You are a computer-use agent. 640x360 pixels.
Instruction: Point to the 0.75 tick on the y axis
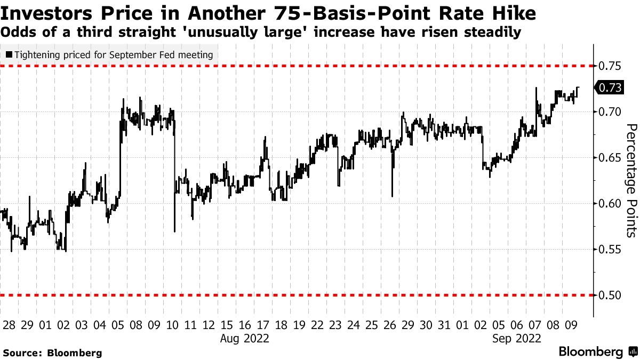click(609, 66)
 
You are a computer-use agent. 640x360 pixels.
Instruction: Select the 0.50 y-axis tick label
click(609, 295)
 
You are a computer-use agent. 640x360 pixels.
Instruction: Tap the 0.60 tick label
click(609, 203)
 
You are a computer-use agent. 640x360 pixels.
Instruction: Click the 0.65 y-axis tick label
click(609, 157)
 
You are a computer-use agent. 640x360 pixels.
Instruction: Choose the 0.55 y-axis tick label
click(609, 249)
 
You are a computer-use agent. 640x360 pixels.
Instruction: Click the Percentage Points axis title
click(631, 180)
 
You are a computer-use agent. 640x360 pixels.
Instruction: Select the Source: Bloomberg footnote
click(52, 353)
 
